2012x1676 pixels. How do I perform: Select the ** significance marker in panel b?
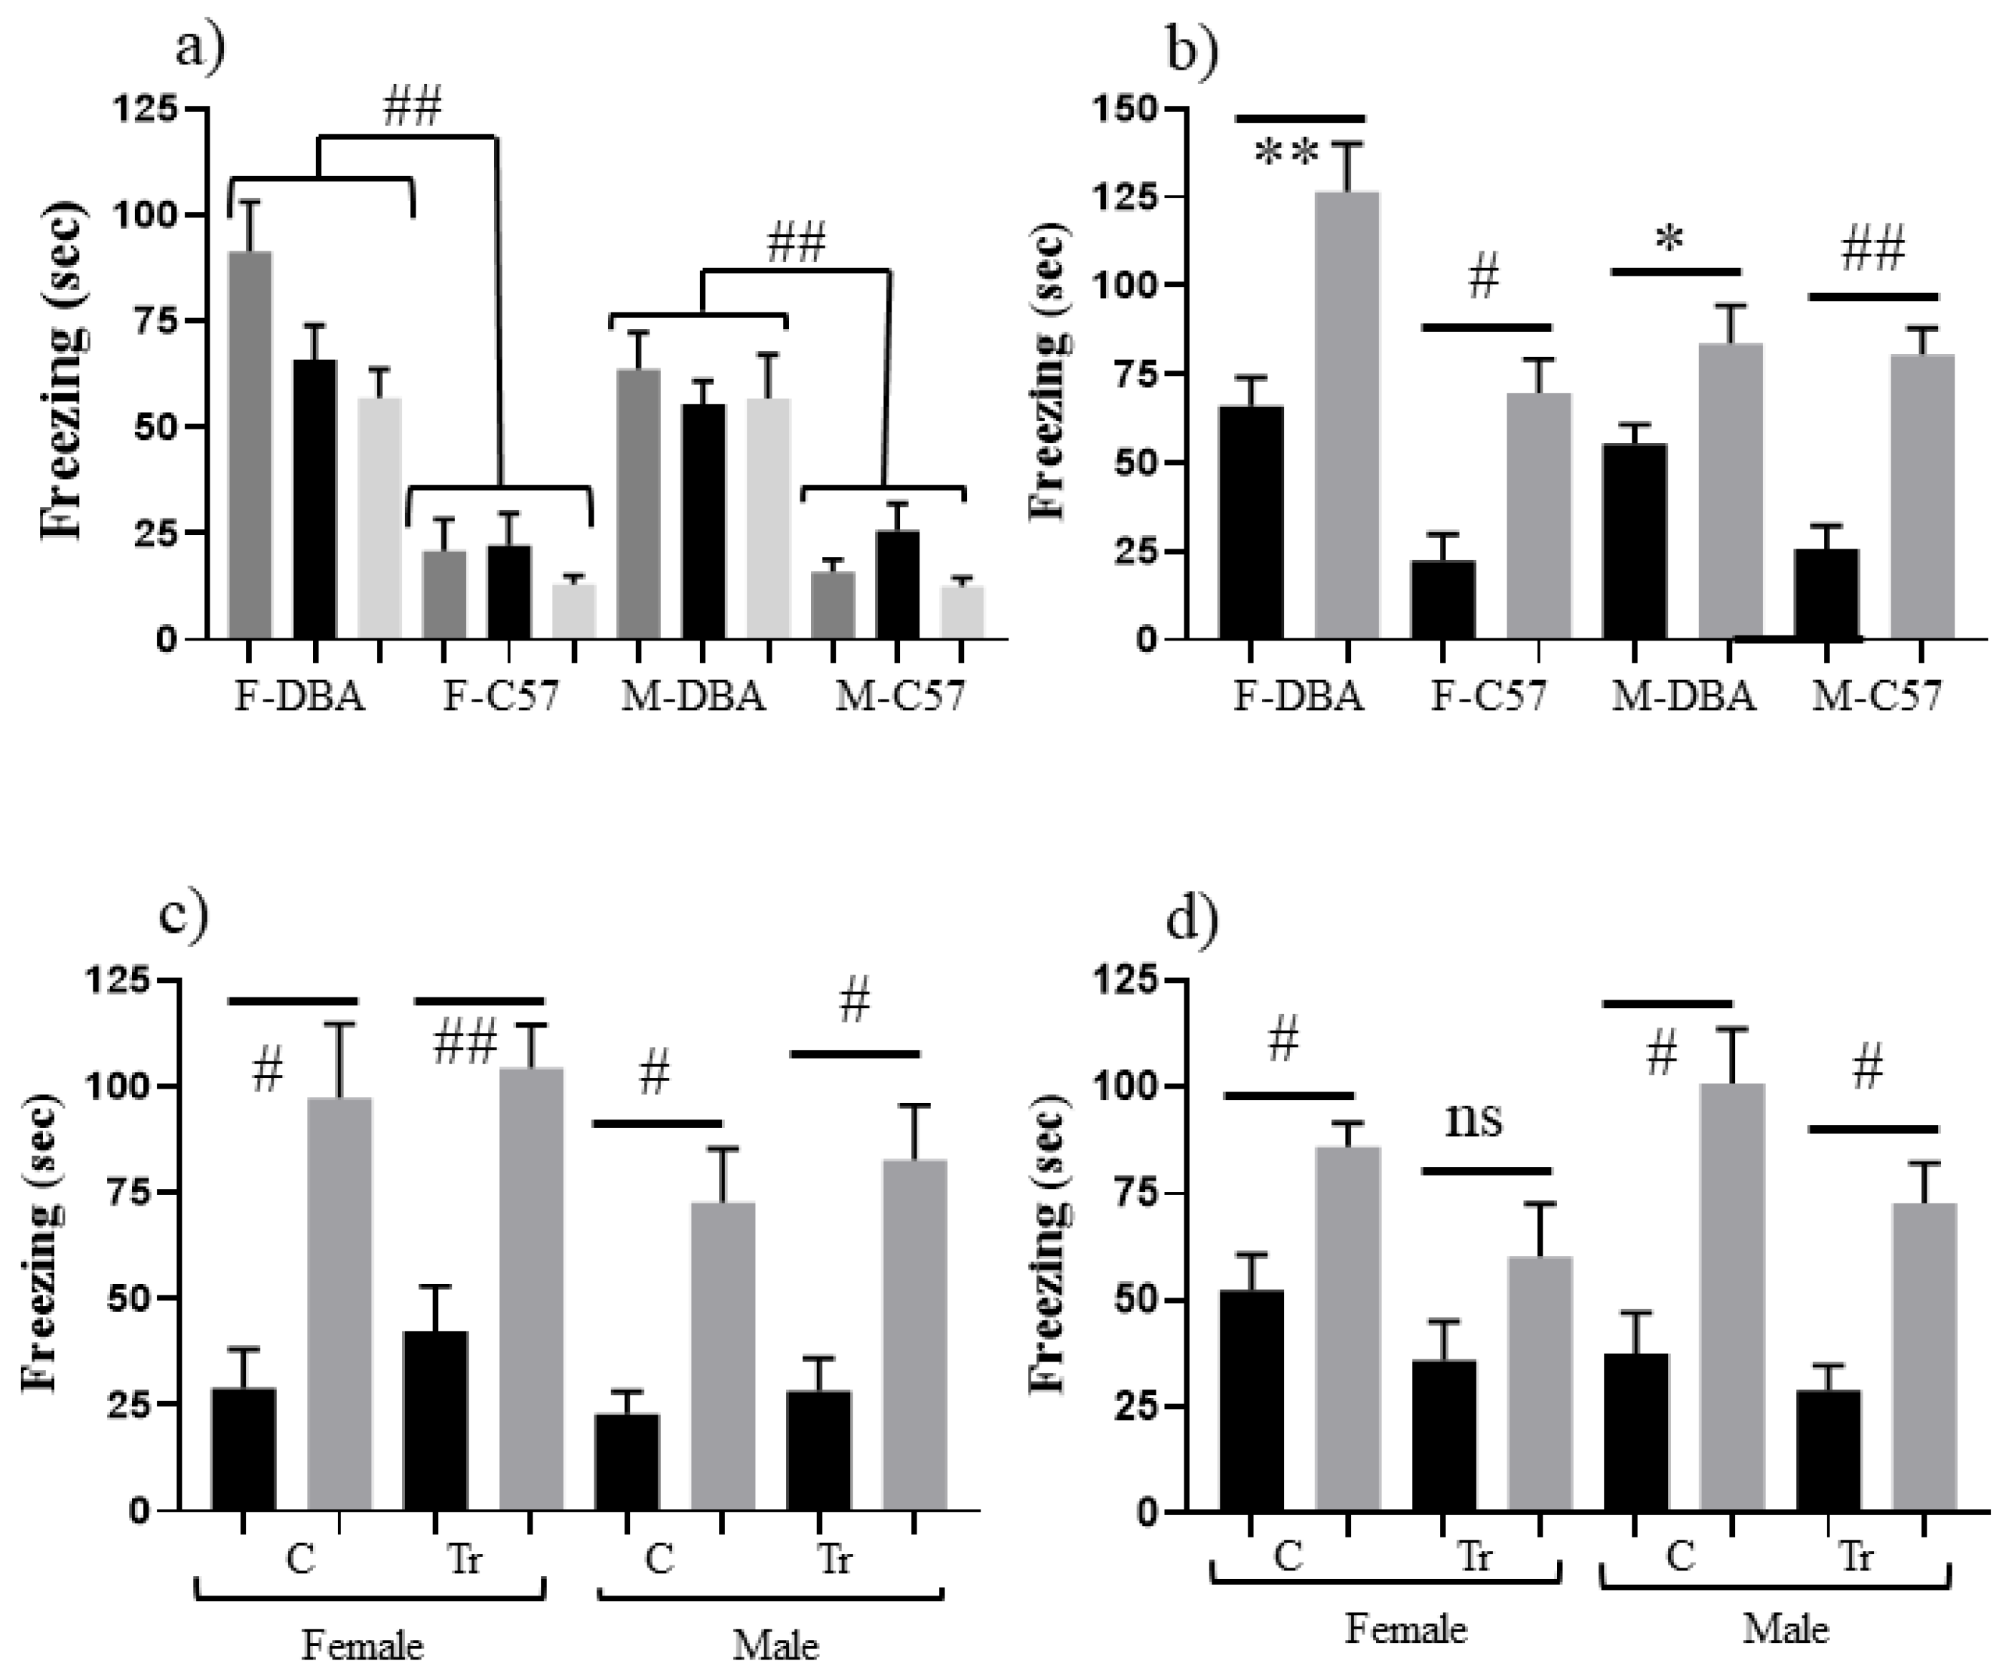click(1287, 154)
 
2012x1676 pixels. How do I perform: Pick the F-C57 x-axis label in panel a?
click(500, 697)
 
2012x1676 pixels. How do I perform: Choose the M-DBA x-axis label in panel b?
click(1683, 697)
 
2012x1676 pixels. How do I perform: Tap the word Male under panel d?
click(1785, 1629)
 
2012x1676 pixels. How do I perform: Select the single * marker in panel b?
click(1668, 241)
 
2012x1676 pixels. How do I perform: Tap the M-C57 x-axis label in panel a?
click(899, 697)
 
